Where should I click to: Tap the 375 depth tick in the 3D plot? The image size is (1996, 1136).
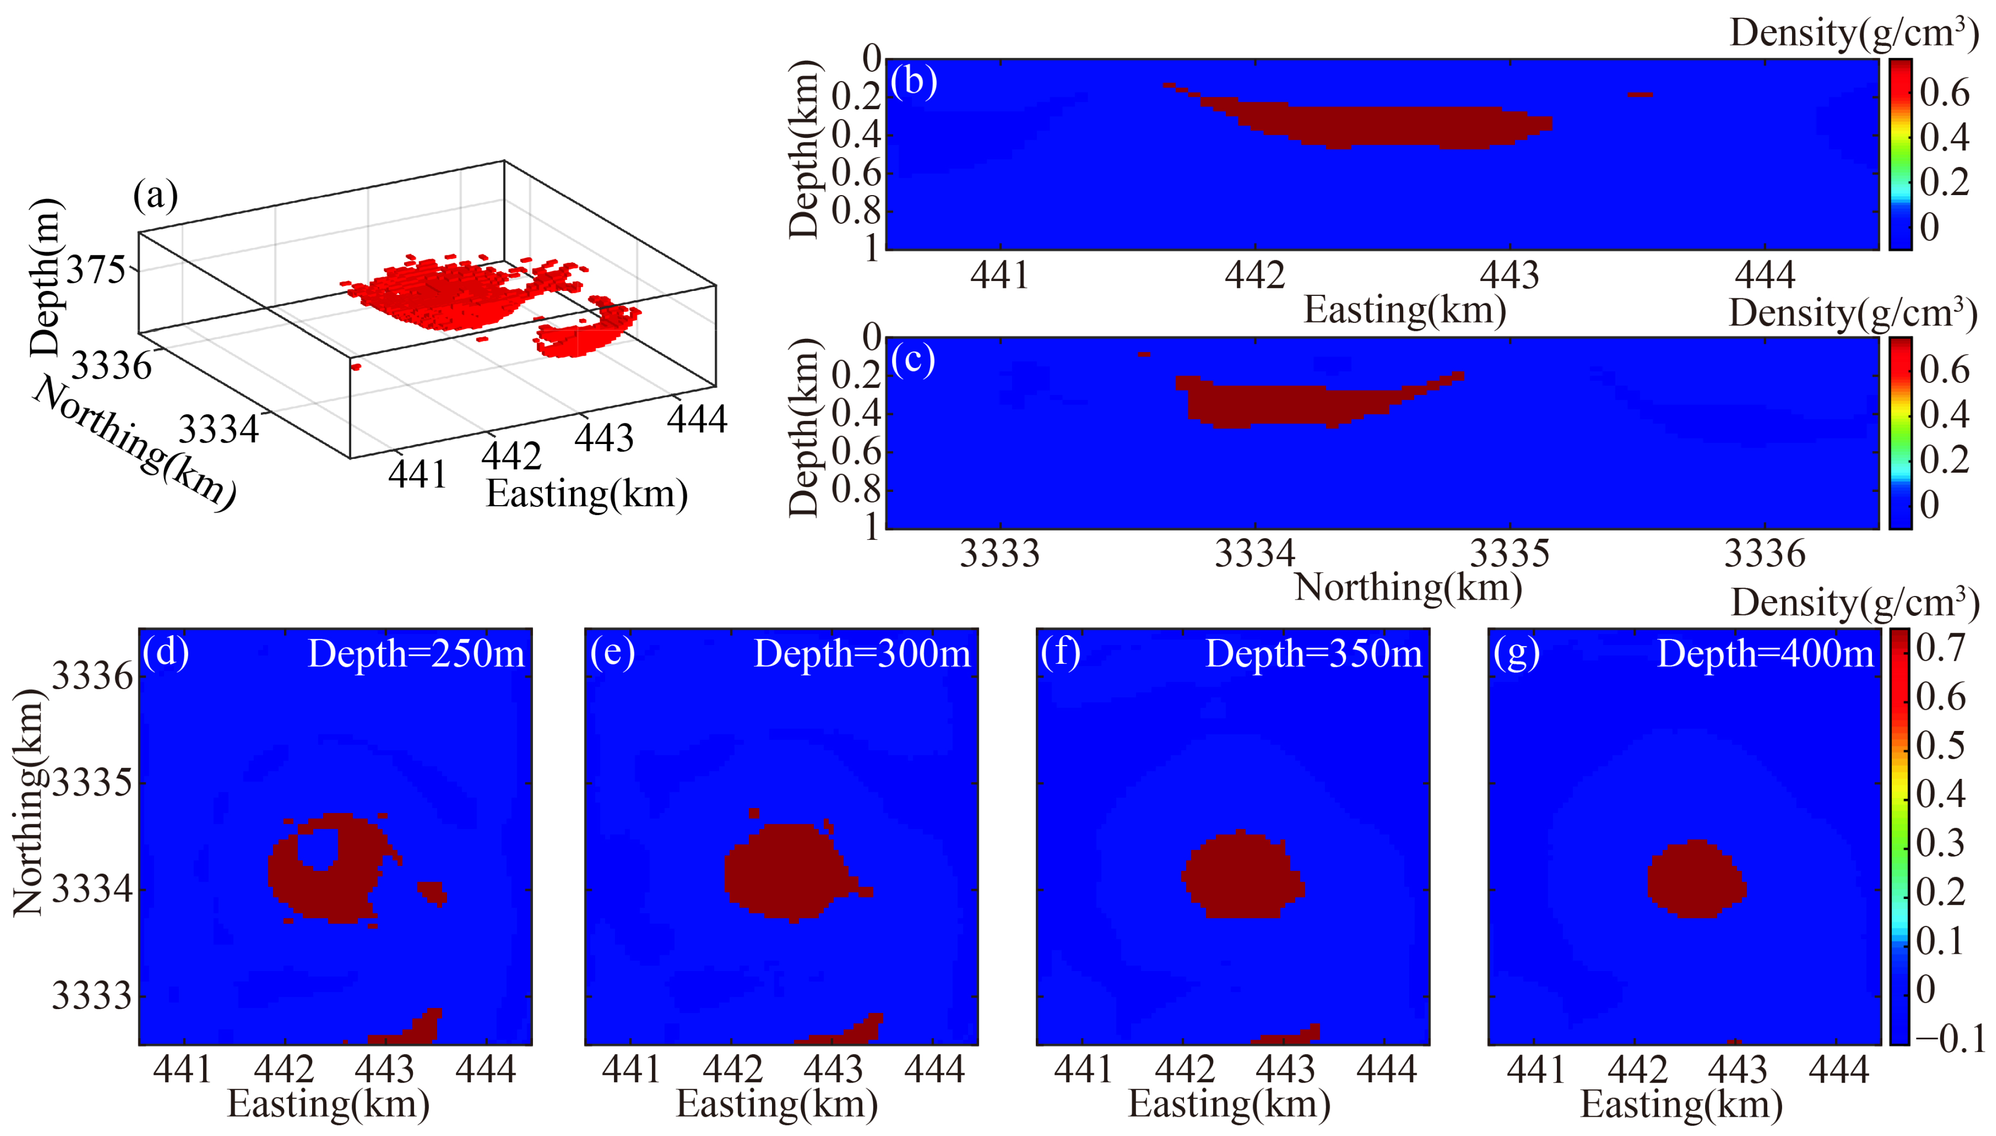pos(95,271)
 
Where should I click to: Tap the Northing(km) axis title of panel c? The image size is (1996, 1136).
pos(1408,587)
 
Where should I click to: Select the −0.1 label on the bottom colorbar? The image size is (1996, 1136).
pos(1950,1039)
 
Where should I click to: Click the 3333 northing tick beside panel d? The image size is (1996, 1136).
pos(91,996)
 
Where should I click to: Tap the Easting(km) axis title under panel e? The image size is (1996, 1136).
pos(776,1104)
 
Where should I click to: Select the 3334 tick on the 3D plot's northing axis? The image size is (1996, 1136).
pos(218,429)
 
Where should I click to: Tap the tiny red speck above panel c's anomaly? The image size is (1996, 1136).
pos(1143,354)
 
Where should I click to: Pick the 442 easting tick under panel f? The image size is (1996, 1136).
pos(1184,1069)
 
